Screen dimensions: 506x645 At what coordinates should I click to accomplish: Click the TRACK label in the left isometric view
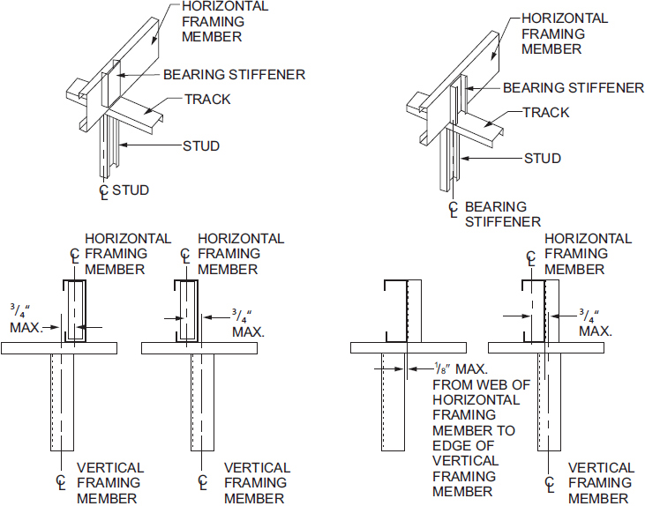207,99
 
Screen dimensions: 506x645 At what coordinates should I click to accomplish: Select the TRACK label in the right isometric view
546,112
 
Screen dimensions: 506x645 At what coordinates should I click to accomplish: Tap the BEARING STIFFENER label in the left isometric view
234,75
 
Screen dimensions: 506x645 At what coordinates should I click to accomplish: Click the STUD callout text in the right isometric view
543,158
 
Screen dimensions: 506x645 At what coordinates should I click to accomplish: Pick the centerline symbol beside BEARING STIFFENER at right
454,209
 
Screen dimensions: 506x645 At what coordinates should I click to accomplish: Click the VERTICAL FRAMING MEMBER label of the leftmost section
109,482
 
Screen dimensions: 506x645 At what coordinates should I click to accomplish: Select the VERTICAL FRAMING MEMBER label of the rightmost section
600,482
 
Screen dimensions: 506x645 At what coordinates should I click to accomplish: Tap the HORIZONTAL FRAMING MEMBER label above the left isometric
224,21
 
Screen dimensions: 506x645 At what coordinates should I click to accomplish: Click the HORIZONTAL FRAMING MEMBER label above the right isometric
564,33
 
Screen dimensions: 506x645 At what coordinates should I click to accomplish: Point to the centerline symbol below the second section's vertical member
204,482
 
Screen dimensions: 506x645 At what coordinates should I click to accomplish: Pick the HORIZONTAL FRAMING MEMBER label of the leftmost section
127,254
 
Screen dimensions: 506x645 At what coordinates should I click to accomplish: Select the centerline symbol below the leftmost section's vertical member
62,482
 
